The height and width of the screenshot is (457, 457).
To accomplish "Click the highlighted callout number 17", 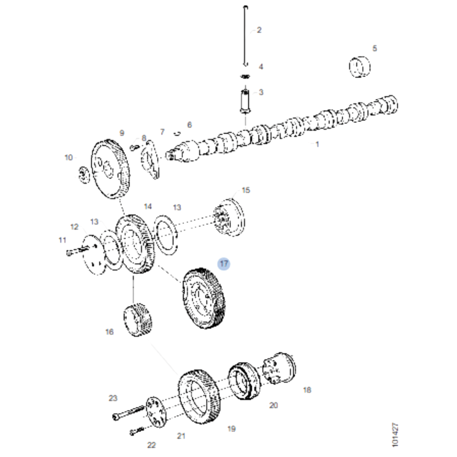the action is coord(224,264).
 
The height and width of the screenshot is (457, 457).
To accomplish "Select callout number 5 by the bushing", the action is coord(374,49).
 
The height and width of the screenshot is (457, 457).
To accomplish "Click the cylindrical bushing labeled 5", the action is coord(360,67).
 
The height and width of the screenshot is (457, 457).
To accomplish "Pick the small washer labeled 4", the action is coord(245,76).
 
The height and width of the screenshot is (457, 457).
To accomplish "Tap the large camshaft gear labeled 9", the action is coord(110,169).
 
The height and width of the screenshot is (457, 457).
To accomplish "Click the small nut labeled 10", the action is coord(83,175).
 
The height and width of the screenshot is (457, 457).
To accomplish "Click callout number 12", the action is coord(75,227).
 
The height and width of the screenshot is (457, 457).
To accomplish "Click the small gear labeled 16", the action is coord(137,320).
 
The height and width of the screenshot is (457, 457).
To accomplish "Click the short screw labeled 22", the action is coord(137,431).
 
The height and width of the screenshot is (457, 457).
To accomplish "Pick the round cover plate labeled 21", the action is coord(156,412).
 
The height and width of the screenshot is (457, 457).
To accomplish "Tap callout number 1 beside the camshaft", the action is coord(317,144).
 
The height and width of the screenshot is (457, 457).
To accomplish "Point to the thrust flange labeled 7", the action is coord(150,159).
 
